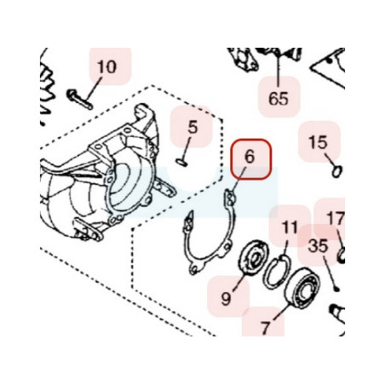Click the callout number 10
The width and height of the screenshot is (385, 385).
[106, 67]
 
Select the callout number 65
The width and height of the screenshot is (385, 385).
[279, 99]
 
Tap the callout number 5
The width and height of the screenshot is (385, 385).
[192, 127]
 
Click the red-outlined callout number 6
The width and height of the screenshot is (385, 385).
[250, 157]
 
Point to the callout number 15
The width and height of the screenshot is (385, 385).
[318, 142]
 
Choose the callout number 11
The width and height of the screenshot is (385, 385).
[290, 227]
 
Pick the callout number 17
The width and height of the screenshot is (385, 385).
[336, 218]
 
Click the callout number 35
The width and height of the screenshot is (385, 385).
[318, 246]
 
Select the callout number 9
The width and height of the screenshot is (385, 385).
[226, 298]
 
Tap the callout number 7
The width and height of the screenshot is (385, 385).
[265, 328]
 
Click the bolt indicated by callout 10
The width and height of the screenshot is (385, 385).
[79, 100]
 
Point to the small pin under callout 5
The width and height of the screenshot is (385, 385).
[181, 162]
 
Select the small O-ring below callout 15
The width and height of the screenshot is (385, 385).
[337, 171]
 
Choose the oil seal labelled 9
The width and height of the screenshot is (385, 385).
[253, 258]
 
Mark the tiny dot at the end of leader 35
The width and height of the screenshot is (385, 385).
[336, 289]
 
